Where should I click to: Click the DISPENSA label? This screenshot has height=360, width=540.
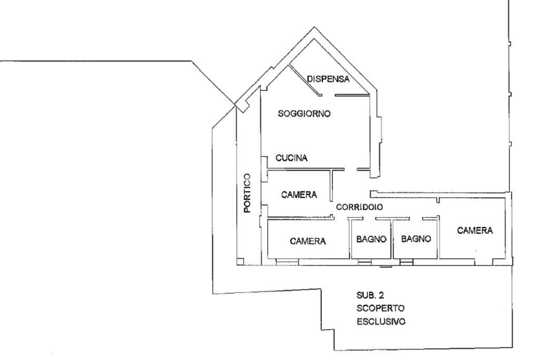pyautogui.click(x=329, y=79)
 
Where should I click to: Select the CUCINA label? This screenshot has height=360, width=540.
pyautogui.click(x=291, y=158)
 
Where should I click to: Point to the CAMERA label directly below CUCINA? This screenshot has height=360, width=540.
pyautogui.click(x=299, y=194)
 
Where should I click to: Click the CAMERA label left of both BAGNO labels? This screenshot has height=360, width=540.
pyautogui.click(x=308, y=241)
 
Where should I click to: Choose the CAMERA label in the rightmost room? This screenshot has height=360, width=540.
pyautogui.click(x=475, y=230)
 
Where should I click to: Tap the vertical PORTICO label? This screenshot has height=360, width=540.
pyautogui.click(x=247, y=193)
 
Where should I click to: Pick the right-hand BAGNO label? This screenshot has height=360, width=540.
pyautogui.click(x=417, y=239)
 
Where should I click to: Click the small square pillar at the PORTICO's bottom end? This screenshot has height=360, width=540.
pyautogui.click(x=240, y=261)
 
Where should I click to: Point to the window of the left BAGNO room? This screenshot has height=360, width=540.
pyautogui.click(x=364, y=262)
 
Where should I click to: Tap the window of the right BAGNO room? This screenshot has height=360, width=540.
pyautogui.click(x=407, y=262)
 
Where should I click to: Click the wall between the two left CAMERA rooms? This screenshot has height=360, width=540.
pyautogui.click(x=301, y=218)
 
